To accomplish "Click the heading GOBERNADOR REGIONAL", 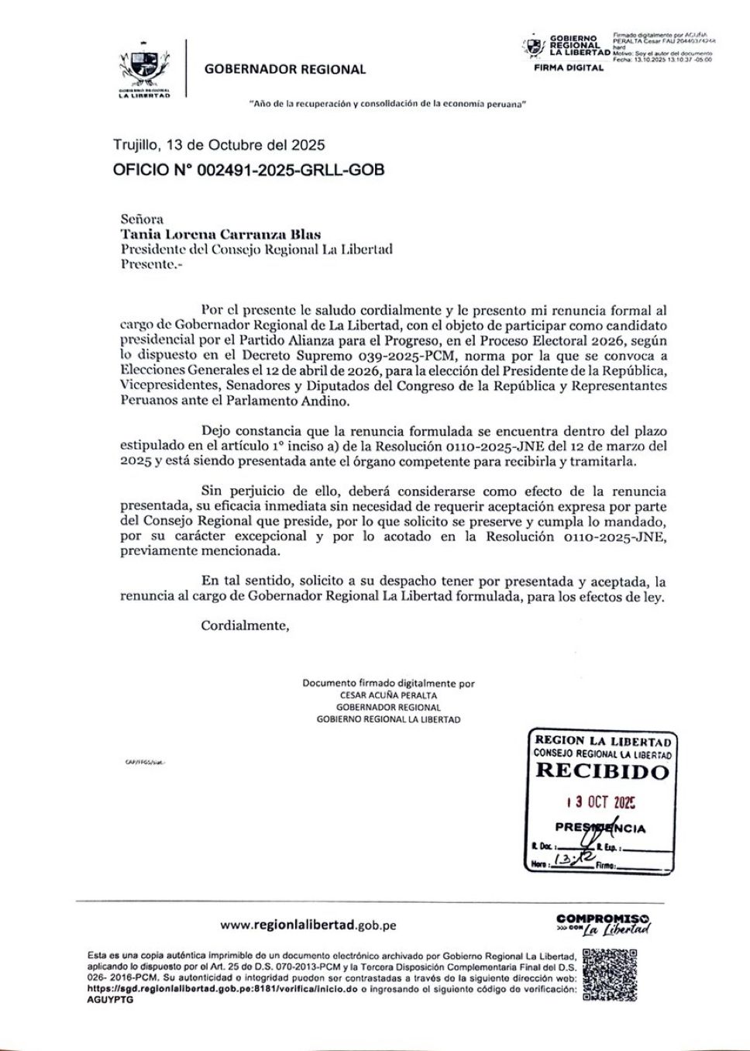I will pos(284,69).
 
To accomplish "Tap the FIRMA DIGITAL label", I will pos(569,68).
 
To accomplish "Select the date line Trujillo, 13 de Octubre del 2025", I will pos(218,145).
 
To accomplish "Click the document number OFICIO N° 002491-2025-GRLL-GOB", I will pos(248,170).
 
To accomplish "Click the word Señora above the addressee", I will pos(142,219).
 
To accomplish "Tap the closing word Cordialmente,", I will pos(245,625).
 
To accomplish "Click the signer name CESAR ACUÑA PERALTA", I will pos(388,695).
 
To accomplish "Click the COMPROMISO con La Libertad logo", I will pos(603,923).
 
